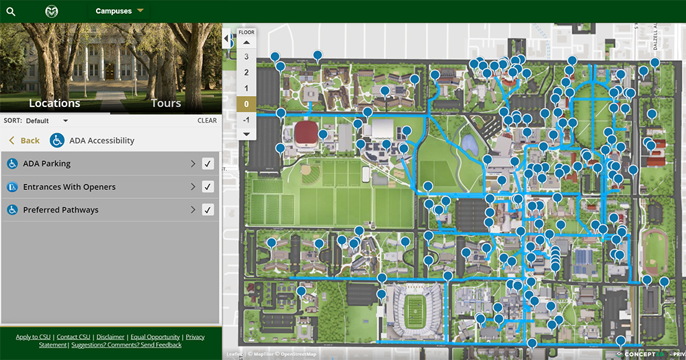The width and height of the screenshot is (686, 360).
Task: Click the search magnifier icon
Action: point(11,12)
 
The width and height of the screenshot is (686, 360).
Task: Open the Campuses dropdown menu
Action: point(120,11)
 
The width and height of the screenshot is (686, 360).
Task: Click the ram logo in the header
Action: point(51,11)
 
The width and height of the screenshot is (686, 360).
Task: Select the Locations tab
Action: point(55,104)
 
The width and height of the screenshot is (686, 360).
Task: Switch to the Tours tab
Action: point(166,104)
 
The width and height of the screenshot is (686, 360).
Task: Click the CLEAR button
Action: point(207,121)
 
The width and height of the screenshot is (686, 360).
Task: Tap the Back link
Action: point(25,141)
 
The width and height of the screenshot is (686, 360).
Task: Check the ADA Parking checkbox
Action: point(208,164)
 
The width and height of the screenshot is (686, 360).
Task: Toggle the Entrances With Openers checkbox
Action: point(208,187)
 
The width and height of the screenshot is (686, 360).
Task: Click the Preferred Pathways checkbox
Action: point(208,210)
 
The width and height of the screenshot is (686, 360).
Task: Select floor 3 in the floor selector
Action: point(246,57)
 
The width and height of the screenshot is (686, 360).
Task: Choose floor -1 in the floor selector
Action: point(246,119)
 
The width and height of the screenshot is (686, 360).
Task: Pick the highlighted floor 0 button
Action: point(246,104)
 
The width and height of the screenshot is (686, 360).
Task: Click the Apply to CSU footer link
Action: point(33,337)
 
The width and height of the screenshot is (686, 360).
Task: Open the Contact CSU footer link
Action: point(73,337)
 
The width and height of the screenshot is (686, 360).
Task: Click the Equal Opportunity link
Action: point(155,337)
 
